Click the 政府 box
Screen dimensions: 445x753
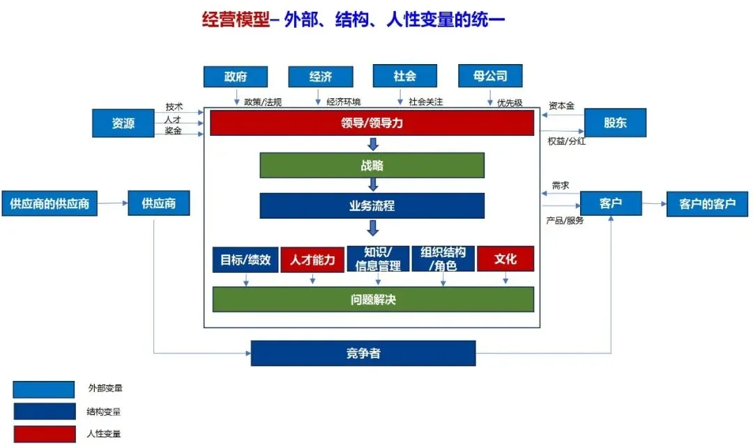point(235,77)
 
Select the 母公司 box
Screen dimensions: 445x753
point(490,77)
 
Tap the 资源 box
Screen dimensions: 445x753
point(123,123)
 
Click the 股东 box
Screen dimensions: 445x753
point(615,123)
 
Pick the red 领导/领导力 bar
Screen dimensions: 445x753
point(372,123)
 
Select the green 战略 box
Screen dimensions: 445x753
point(372,166)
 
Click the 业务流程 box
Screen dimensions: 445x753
point(372,206)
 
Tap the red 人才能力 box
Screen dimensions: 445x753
point(312,260)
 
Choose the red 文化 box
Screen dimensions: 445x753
point(505,259)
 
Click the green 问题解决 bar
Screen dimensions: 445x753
point(373,299)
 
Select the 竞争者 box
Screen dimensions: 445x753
point(363,353)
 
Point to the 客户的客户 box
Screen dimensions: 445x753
point(707,204)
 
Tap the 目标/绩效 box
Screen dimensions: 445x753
point(245,260)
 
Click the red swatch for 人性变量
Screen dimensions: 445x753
point(43,434)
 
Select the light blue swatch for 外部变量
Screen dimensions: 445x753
point(43,389)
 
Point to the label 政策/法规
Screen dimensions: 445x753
point(263,102)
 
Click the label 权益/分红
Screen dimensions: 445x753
point(566,141)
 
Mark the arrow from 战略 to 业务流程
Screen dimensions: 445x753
point(373,185)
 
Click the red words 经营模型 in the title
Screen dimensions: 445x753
point(234,19)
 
